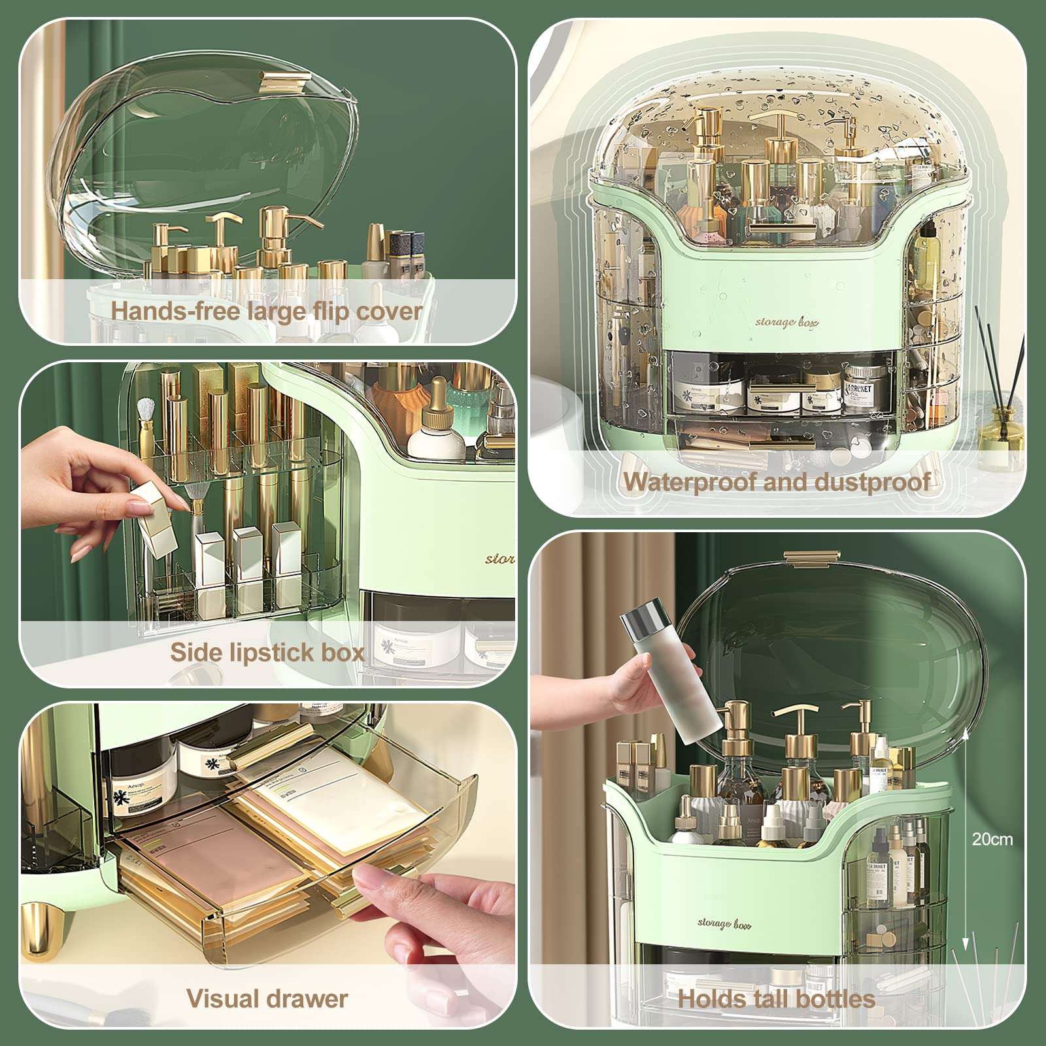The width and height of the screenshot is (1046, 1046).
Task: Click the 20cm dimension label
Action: tap(992, 839)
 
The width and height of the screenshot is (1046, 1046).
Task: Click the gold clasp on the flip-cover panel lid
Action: tap(284, 81)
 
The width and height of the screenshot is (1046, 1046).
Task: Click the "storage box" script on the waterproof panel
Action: tap(786, 322)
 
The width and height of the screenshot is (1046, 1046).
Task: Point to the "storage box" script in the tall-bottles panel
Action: tap(724, 924)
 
